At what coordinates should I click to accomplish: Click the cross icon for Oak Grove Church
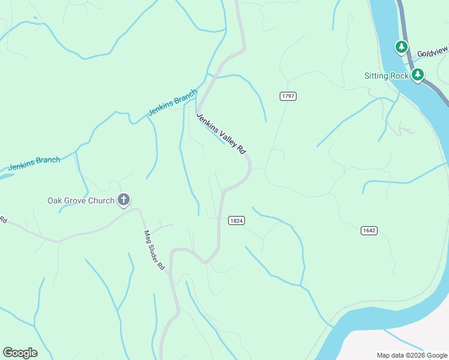point(124,200)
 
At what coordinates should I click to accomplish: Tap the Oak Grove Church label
point(81,200)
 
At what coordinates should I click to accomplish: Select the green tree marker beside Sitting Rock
point(418,75)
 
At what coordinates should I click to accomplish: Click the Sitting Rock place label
point(387,76)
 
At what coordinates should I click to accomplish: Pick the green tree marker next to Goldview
point(401,46)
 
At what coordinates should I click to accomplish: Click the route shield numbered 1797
point(288,96)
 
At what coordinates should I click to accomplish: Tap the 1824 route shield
point(237,221)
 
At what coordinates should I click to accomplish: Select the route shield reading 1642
point(369,230)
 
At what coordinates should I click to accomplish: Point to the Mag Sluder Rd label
point(154,250)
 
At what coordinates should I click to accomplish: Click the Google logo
point(20,353)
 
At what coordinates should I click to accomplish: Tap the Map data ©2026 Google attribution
point(412,355)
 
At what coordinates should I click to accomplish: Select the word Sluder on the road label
point(154,251)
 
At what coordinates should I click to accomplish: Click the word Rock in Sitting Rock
point(400,76)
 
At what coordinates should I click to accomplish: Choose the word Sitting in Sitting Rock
point(377,76)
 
